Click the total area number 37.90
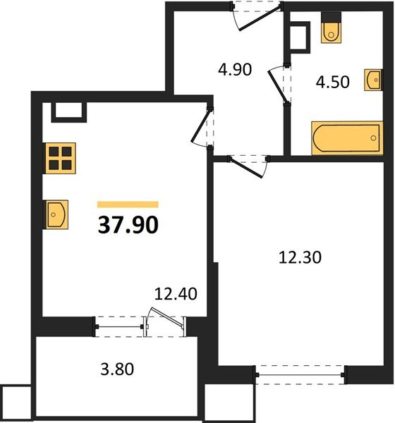(128, 225)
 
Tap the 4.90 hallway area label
(235, 69)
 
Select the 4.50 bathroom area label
(333, 82)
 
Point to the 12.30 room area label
(300, 257)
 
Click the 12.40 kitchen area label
(176, 294)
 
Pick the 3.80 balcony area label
(117, 369)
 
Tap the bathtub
(347, 138)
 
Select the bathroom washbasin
(373, 80)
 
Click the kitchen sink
(56, 214)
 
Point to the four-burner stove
(60, 158)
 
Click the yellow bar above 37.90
(128, 204)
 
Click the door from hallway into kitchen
(200, 126)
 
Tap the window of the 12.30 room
(300, 375)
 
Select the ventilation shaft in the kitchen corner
(69, 112)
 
